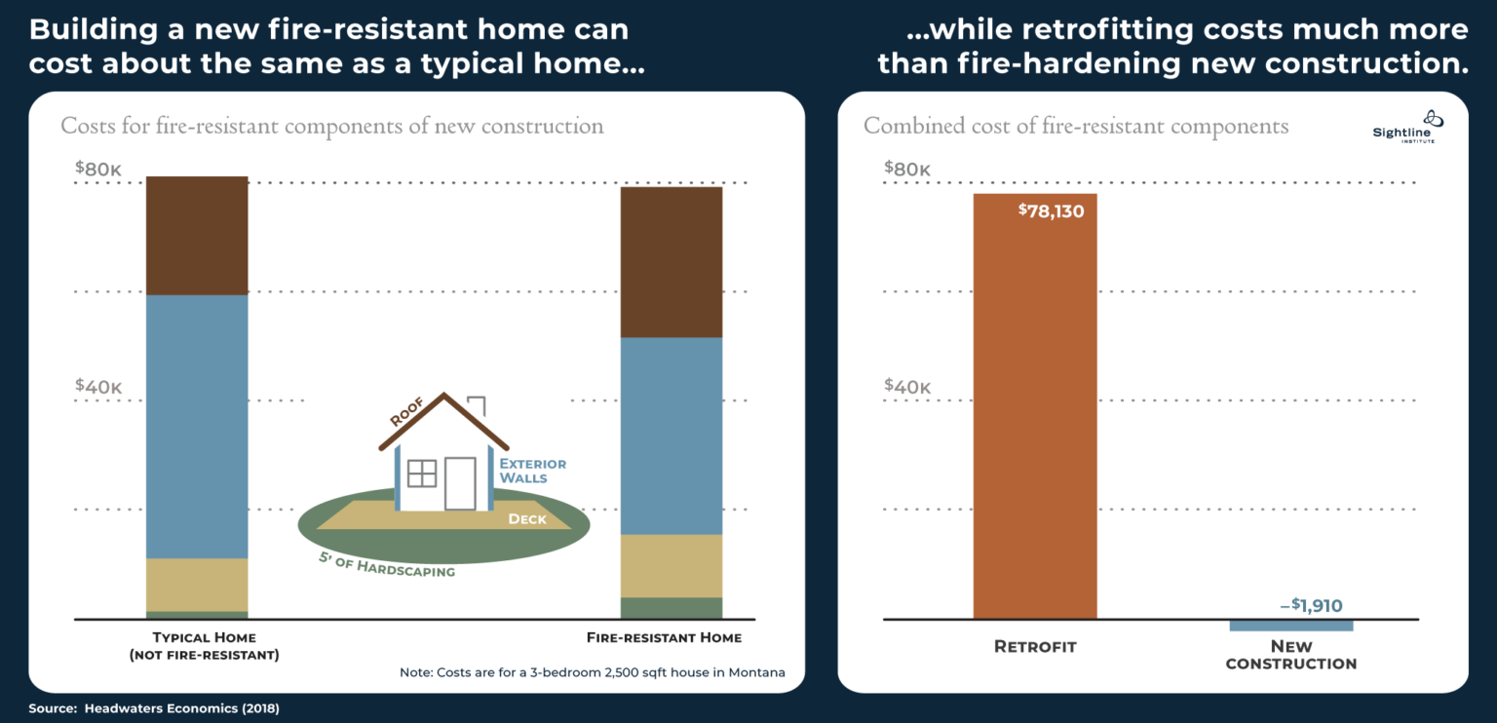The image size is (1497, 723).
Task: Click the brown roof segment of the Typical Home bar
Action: pos(197,236)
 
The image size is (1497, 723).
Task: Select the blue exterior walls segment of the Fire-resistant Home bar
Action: pos(672,436)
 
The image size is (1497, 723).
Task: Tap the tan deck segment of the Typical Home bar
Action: pos(197,585)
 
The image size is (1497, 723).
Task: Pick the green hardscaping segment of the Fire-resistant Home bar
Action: pos(672,608)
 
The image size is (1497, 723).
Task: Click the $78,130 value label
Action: pos(1051,210)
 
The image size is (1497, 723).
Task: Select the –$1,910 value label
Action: pos(1310,606)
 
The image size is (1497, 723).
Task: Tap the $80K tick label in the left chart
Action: pos(98,169)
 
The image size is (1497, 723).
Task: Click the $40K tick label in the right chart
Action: pos(907,386)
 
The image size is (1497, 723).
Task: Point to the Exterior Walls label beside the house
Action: pos(532,471)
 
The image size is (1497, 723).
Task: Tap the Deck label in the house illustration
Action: pos(527,519)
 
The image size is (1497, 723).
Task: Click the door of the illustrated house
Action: pos(460,482)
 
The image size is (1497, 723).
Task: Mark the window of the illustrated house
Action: pos(422,474)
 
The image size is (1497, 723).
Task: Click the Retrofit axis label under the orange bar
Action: pos(1035,647)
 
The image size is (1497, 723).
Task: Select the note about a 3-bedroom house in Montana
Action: pos(592,673)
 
